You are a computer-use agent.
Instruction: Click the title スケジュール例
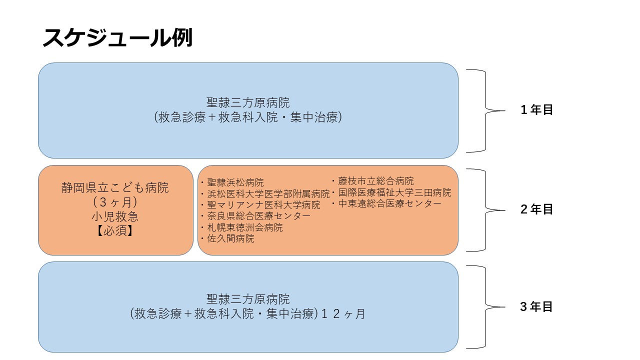click(117, 37)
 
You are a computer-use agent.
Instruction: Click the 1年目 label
click(536, 110)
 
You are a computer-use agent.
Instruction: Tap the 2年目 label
click(536, 209)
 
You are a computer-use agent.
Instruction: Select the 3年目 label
click(536, 307)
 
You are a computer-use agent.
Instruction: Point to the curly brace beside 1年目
click(485, 110)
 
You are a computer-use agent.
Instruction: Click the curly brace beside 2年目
click(485, 210)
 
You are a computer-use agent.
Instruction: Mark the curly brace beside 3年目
click(485, 307)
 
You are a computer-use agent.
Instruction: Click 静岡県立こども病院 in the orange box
click(115, 188)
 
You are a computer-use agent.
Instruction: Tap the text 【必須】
click(115, 231)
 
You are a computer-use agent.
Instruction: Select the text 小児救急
click(115, 217)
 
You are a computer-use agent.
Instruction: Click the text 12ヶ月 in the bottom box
click(343, 314)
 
